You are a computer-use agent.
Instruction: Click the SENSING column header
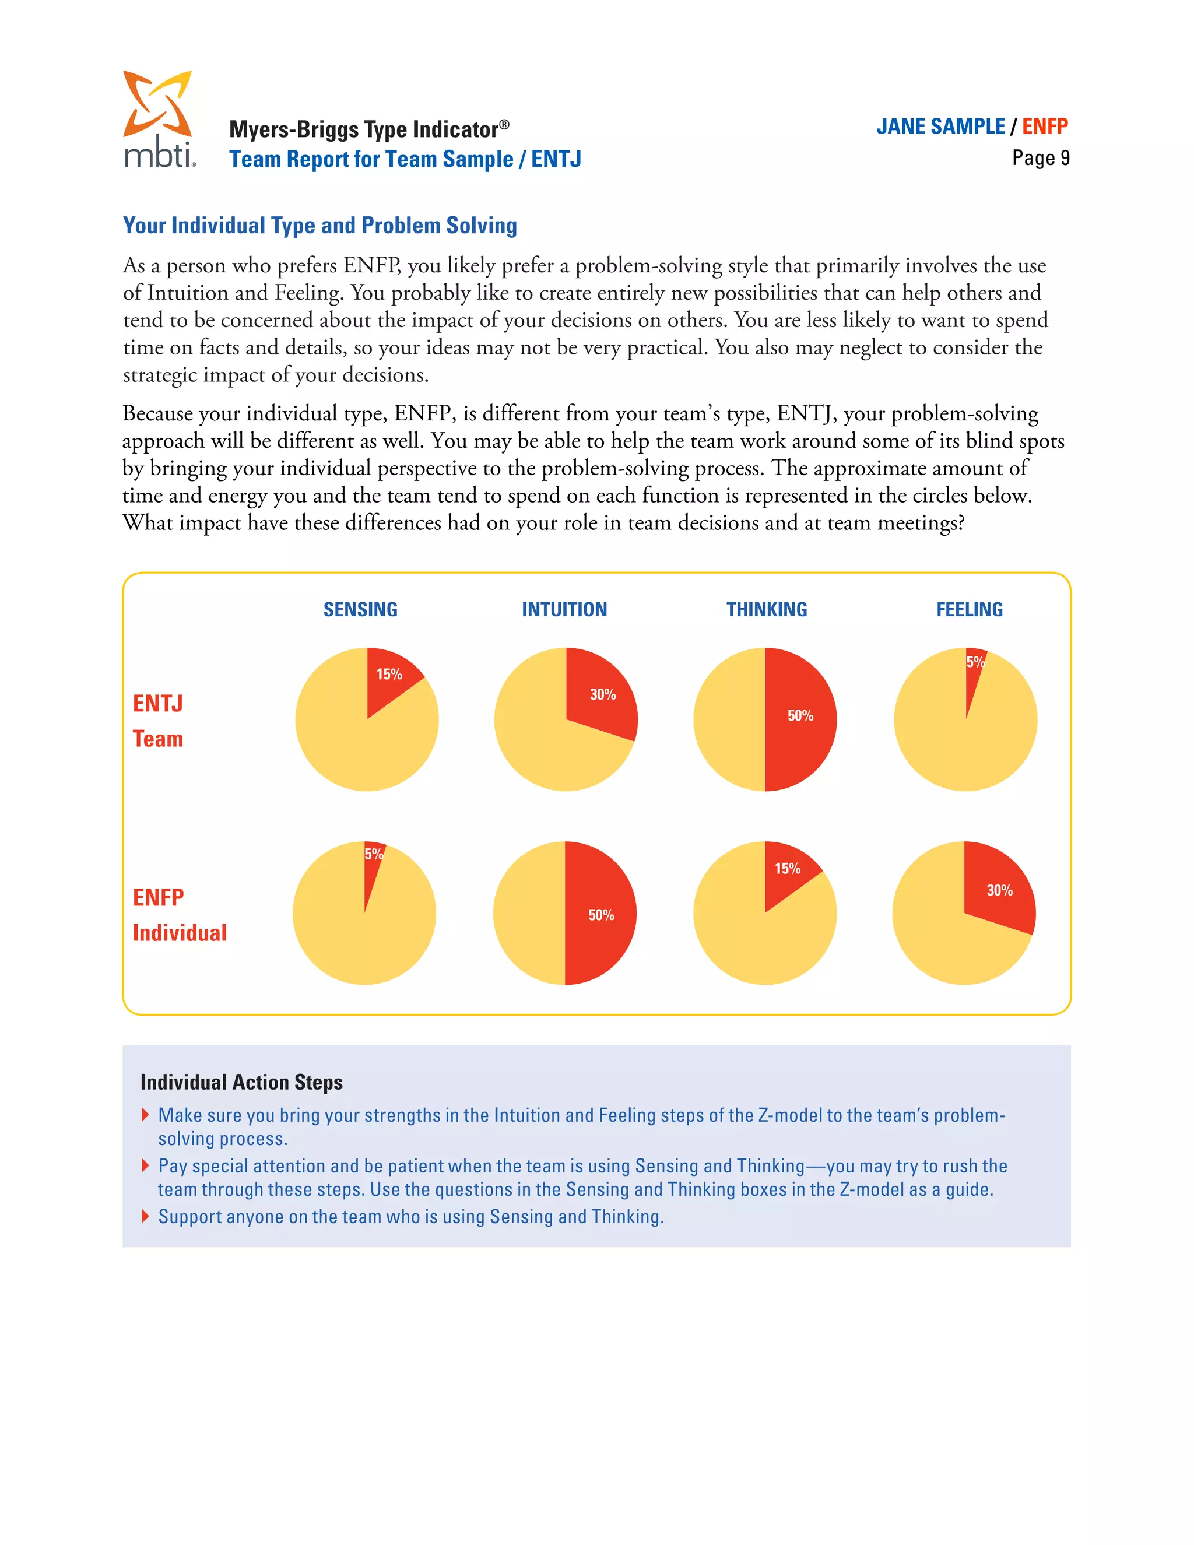[x=360, y=609]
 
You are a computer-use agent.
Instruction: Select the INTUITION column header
[x=564, y=609]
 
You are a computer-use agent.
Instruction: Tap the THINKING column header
[x=766, y=609]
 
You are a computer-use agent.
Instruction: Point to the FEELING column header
[x=969, y=609]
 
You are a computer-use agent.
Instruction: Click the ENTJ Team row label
[x=158, y=721]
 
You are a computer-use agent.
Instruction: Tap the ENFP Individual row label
[x=180, y=915]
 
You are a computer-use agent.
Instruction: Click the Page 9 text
[x=1040, y=158]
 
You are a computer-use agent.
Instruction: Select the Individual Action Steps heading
[x=241, y=1081]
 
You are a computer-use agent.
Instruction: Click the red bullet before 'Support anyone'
[x=145, y=1216]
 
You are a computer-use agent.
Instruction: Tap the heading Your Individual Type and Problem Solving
[x=319, y=225]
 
